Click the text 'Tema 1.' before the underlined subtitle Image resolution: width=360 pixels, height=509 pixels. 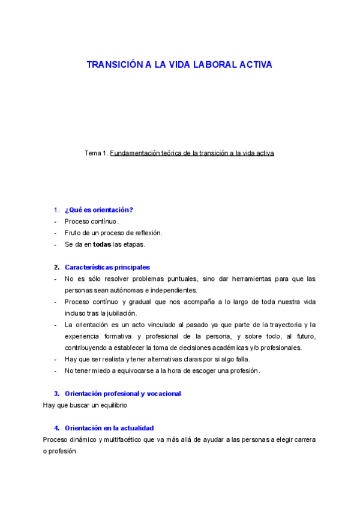(97, 153)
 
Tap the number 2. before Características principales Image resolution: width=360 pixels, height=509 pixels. (56, 267)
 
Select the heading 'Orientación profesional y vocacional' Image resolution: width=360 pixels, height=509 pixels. (122, 393)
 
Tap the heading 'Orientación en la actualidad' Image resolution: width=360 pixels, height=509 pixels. (109, 428)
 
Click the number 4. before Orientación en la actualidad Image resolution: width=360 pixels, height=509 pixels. (56, 428)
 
